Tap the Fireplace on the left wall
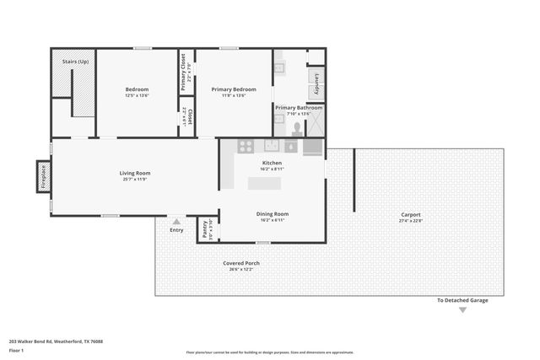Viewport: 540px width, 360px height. point(44,177)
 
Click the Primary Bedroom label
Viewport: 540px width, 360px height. point(234,89)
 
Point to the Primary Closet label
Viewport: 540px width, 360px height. point(183,72)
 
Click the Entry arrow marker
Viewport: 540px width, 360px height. point(176,222)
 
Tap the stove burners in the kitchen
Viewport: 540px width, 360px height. point(246,146)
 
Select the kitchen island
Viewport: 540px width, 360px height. point(264,183)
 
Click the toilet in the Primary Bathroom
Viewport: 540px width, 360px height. point(296,128)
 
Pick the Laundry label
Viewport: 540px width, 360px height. point(316,84)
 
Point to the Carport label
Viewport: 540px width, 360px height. point(410,215)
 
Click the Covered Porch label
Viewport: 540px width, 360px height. point(241,263)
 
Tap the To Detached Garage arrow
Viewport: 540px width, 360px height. point(462,310)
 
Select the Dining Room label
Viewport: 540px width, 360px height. point(273,214)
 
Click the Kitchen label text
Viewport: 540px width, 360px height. point(272,163)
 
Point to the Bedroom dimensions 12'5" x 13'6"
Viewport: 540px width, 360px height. point(137,95)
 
